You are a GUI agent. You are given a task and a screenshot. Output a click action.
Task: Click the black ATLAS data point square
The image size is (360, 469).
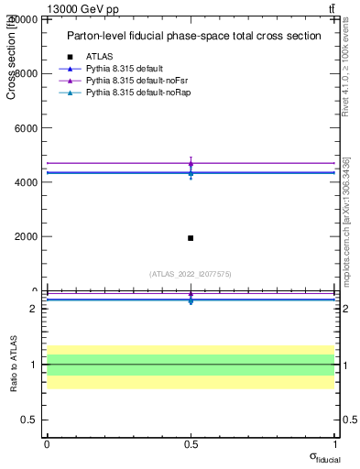(x=191, y=238)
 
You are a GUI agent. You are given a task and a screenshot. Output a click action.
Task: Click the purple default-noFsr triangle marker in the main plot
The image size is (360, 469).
(x=191, y=163)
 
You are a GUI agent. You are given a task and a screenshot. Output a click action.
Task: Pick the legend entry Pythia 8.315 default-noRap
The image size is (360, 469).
(x=135, y=93)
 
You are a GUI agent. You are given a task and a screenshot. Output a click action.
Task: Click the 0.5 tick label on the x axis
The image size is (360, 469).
(x=191, y=443)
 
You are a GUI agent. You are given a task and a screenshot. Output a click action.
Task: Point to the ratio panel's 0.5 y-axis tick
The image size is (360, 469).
(x=27, y=420)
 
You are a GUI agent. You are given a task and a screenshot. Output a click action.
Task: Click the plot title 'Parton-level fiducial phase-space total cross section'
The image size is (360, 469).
(x=194, y=36)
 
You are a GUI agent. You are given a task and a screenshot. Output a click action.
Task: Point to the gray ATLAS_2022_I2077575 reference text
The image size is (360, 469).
(x=191, y=273)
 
